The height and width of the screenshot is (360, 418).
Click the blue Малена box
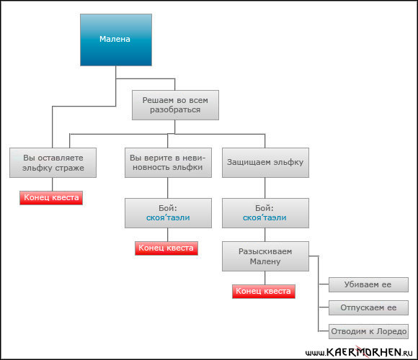(x=116, y=40)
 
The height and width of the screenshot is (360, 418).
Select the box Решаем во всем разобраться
(x=175, y=105)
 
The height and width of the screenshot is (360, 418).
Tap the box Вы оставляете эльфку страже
(x=53, y=163)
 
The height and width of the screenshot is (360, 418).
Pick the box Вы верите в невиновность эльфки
(x=168, y=163)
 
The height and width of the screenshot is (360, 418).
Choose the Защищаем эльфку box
(x=265, y=163)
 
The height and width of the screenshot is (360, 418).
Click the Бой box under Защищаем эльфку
(x=265, y=213)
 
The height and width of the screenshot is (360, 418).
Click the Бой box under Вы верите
(x=168, y=213)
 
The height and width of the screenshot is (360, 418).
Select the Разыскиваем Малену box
(x=265, y=256)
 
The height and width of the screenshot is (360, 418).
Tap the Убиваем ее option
(x=368, y=284)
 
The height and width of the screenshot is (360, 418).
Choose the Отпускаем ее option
(x=368, y=308)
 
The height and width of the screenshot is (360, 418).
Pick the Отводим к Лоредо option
(x=368, y=331)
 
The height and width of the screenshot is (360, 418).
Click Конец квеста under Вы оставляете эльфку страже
(x=51, y=198)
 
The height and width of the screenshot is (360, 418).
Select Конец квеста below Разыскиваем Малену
(x=264, y=292)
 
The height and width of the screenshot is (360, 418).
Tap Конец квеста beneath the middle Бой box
(x=166, y=248)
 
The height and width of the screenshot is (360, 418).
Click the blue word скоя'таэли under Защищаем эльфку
(x=264, y=217)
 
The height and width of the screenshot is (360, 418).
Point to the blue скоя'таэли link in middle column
(x=168, y=217)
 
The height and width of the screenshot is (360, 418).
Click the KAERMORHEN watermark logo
(x=360, y=352)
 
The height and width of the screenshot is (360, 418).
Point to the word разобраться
(x=175, y=109)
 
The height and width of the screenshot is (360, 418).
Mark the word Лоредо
(x=391, y=331)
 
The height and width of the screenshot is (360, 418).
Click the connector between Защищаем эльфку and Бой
(x=265, y=188)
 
